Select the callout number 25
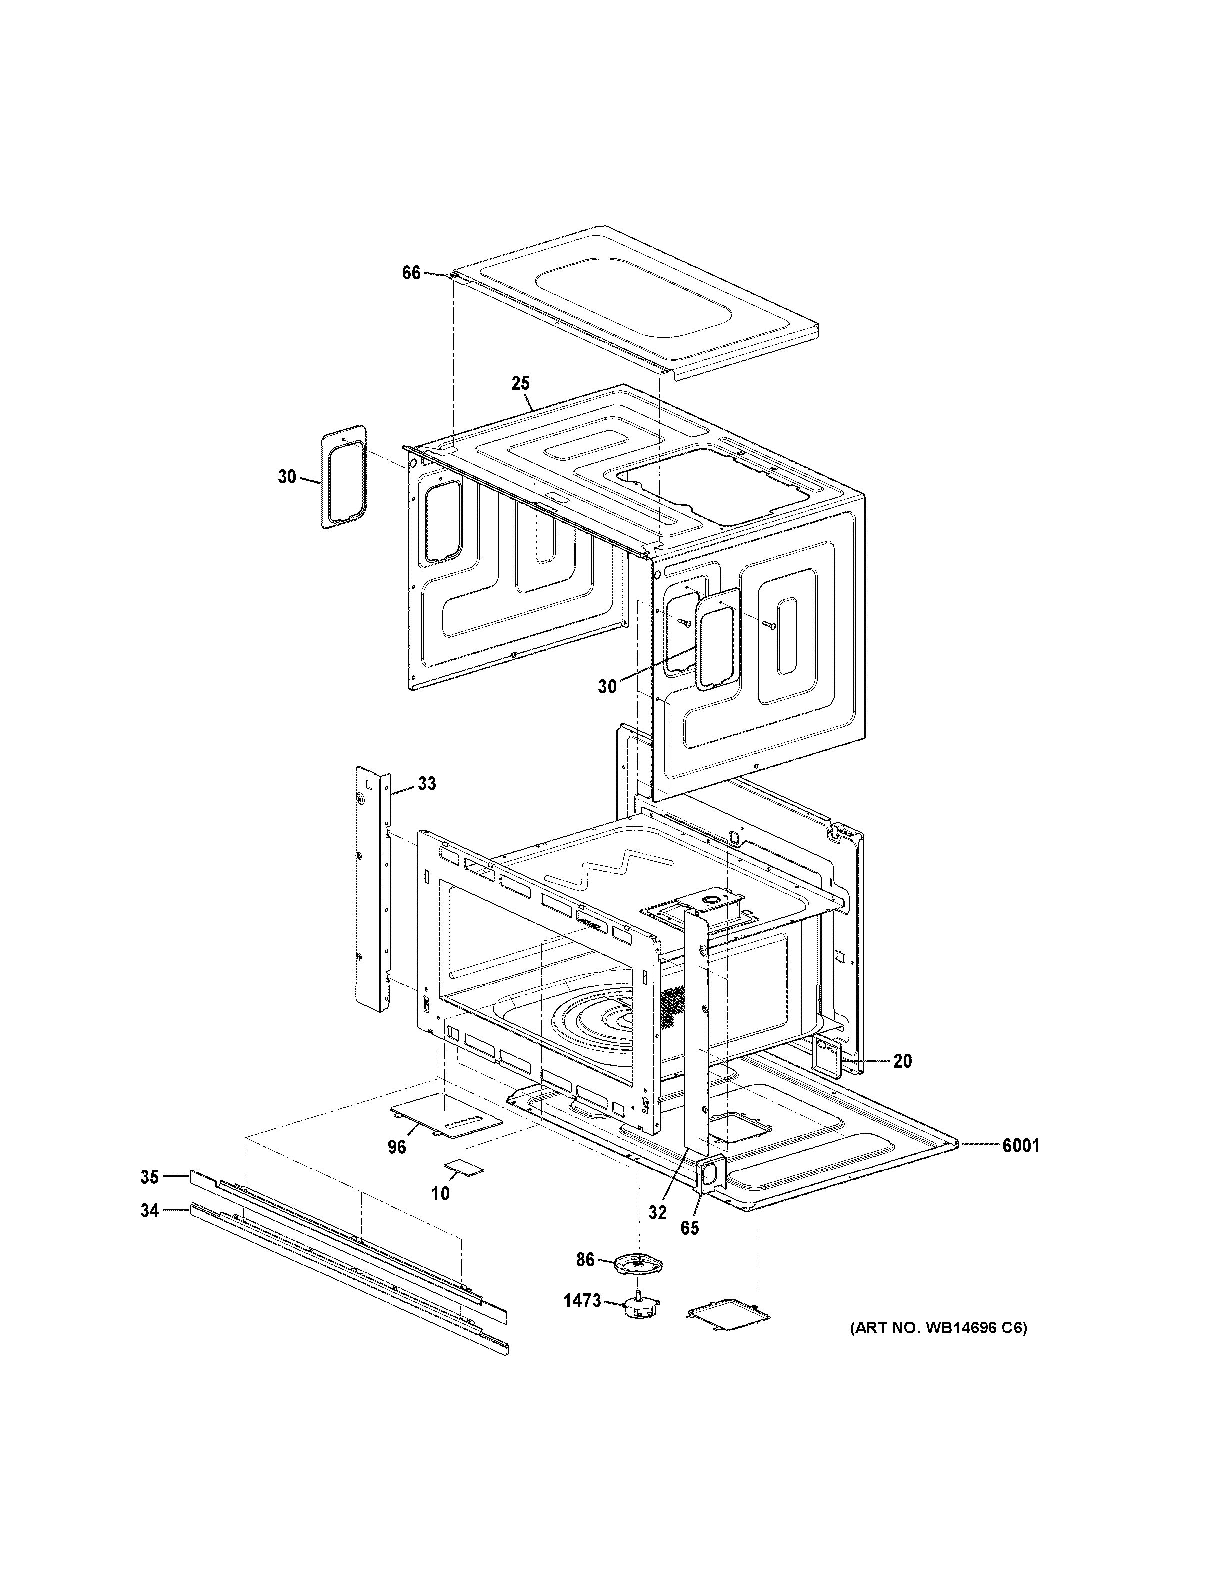[x=520, y=383]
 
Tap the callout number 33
[x=427, y=784]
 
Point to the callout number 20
[x=902, y=1062]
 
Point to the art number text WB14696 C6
[x=938, y=1349]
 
